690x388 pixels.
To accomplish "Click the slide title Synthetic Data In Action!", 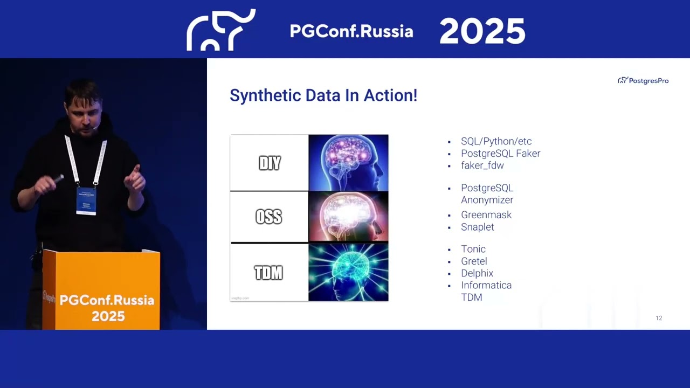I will pos(323,95).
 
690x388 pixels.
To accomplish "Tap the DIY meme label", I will pos(270,163).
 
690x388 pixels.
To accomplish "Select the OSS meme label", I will pos(268,217).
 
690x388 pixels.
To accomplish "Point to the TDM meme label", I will pos(268,273).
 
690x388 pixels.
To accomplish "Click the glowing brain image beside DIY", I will pos(348,163).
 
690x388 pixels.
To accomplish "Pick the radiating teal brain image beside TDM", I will pos(348,273).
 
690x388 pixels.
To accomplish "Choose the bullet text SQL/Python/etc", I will pos(496,141).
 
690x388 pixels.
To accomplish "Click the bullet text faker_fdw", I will pos(482,165).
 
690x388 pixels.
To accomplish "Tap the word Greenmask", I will pos(486,214).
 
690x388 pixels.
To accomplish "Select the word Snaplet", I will pos(477,227).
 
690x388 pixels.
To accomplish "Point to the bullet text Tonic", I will pos(473,249).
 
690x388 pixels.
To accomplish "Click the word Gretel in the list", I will pos(474,261).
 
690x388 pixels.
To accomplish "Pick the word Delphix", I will pos(477,273).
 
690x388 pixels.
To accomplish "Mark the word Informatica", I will pos(486,285).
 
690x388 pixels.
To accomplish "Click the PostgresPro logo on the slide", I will pos(643,80).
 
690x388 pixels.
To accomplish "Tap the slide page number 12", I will pos(659,318).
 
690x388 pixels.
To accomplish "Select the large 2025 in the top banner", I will pos(482,31).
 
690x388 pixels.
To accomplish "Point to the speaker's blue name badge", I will pos(86,200).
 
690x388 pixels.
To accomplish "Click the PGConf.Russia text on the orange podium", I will pos(107,300).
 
